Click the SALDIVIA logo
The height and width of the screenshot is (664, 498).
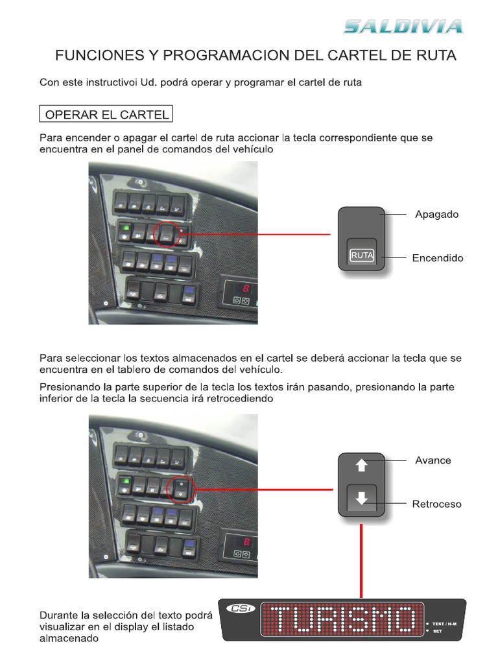pyautogui.click(x=403, y=27)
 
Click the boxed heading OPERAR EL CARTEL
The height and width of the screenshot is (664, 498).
pyautogui.click(x=107, y=115)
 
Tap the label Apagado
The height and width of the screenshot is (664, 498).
pyautogui.click(x=436, y=214)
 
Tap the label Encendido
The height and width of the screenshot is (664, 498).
pyautogui.click(x=438, y=258)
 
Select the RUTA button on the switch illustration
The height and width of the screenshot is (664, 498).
pyautogui.click(x=362, y=255)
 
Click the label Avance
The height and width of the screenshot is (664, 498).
pyautogui.click(x=433, y=460)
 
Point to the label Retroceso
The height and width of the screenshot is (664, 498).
pyautogui.click(x=437, y=504)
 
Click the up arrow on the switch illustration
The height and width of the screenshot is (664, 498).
pyautogui.click(x=362, y=465)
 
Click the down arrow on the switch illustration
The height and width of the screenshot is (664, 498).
pyautogui.click(x=362, y=499)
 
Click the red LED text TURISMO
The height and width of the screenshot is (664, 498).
pyautogui.click(x=341, y=620)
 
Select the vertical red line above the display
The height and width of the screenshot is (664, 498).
pyautogui.click(x=361, y=558)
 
